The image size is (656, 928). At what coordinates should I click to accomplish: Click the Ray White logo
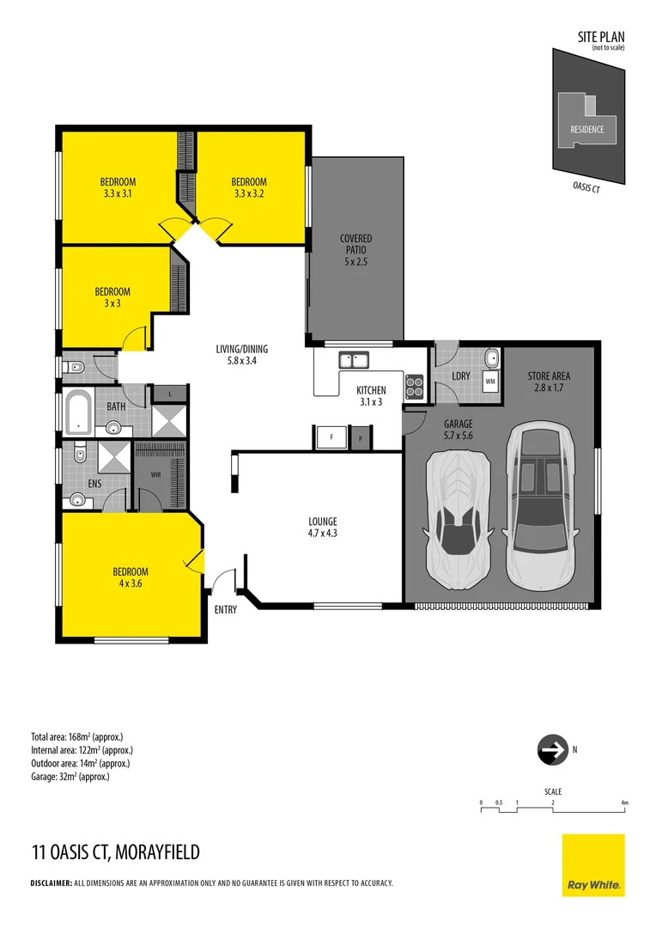click(593, 864)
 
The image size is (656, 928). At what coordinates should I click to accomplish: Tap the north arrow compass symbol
click(551, 749)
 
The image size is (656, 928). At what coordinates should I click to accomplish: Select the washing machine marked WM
click(490, 380)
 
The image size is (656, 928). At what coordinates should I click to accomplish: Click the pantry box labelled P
click(361, 437)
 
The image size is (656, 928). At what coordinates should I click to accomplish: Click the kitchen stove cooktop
click(415, 387)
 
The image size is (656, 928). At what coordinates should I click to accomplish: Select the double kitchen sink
click(353, 359)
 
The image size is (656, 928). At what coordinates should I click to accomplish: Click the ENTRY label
click(226, 609)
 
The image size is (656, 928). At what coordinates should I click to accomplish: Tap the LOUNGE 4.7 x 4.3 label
click(323, 527)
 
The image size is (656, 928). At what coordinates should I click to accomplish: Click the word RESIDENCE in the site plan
click(587, 130)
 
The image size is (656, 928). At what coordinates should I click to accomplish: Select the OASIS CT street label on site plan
click(586, 188)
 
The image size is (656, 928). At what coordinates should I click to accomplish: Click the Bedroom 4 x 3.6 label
click(131, 577)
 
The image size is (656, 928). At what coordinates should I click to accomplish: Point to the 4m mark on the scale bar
click(625, 803)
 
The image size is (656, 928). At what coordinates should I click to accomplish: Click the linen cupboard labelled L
click(170, 393)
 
